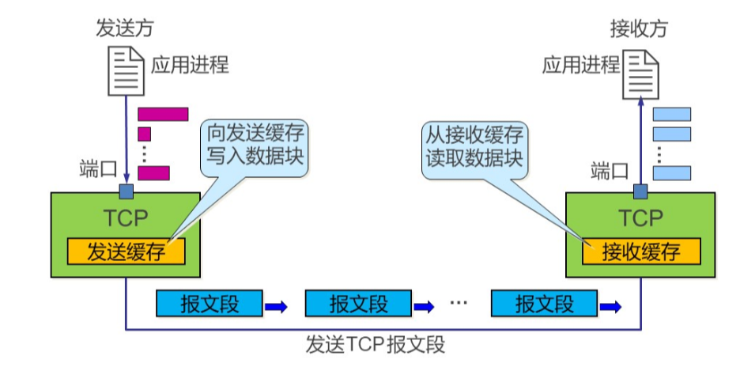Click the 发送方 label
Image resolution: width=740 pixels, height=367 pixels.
pos(125,29)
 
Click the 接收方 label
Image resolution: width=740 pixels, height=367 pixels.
pos(639,29)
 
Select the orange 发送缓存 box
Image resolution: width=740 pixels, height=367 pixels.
pos(126,252)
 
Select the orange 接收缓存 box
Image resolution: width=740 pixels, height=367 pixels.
pos(641,252)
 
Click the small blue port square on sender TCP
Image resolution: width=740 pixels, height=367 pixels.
pos(126,191)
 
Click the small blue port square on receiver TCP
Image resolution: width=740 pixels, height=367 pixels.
pos(640,191)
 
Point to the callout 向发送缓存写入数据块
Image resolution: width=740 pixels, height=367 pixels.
pos(255,143)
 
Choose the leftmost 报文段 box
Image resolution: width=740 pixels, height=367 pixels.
pos(210,303)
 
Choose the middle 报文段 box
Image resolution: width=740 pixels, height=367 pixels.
pos(358,303)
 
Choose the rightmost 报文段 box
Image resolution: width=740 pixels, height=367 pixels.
pos(544,303)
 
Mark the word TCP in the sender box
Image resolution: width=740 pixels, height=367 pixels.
pos(126,218)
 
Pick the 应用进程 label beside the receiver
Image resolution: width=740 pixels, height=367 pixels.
pos(580,64)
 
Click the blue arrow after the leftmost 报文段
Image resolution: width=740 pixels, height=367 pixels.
pos(276,306)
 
